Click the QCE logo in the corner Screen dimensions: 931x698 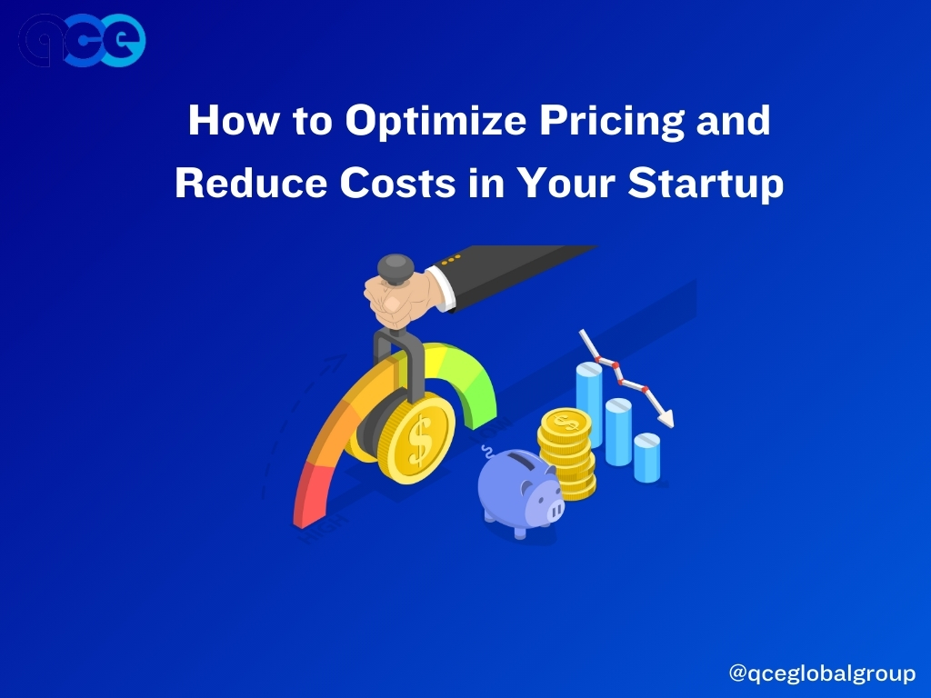click(x=82, y=40)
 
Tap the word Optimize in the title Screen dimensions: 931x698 click(x=435, y=121)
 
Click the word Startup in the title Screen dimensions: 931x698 click(x=706, y=182)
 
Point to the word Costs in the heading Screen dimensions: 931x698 click(x=397, y=182)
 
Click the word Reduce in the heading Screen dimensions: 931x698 click(x=251, y=182)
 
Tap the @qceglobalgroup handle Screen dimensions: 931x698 click(x=822, y=673)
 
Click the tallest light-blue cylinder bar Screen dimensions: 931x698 click(x=589, y=404)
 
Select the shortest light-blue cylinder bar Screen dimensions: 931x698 click(x=646, y=458)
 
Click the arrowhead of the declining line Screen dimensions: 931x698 click(x=667, y=419)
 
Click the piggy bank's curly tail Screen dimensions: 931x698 click(x=487, y=452)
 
